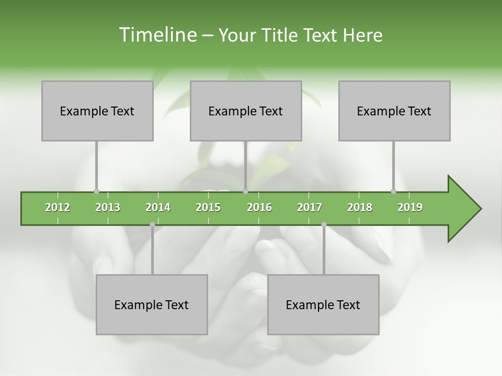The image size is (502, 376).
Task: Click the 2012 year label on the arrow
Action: click(58, 207)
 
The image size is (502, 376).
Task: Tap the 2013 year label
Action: click(108, 207)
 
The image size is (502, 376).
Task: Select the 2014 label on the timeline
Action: click(158, 207)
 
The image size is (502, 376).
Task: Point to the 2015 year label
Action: click(208, 207)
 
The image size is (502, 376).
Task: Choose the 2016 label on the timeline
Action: click(259, 207)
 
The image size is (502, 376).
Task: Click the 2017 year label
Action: click(310, 207)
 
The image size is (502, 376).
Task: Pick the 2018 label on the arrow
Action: click(360, 207)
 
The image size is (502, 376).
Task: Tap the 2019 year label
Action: click(410, 207)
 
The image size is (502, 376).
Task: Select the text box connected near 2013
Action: click(97, 111)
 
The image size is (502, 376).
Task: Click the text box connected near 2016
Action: click(246, 111)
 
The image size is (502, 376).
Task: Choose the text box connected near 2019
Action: click(394, 111)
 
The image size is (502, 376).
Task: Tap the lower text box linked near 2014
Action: click(152, 304)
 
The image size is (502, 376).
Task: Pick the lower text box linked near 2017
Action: click(323, 304)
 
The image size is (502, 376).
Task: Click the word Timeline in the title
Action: click(156, 35)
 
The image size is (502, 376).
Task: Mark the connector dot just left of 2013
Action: click(96, 191)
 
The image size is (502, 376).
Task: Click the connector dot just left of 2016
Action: click(245, 191)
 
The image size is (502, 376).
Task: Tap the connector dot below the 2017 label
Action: click(324, 225)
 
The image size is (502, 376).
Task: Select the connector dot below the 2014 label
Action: click(152, 225)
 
